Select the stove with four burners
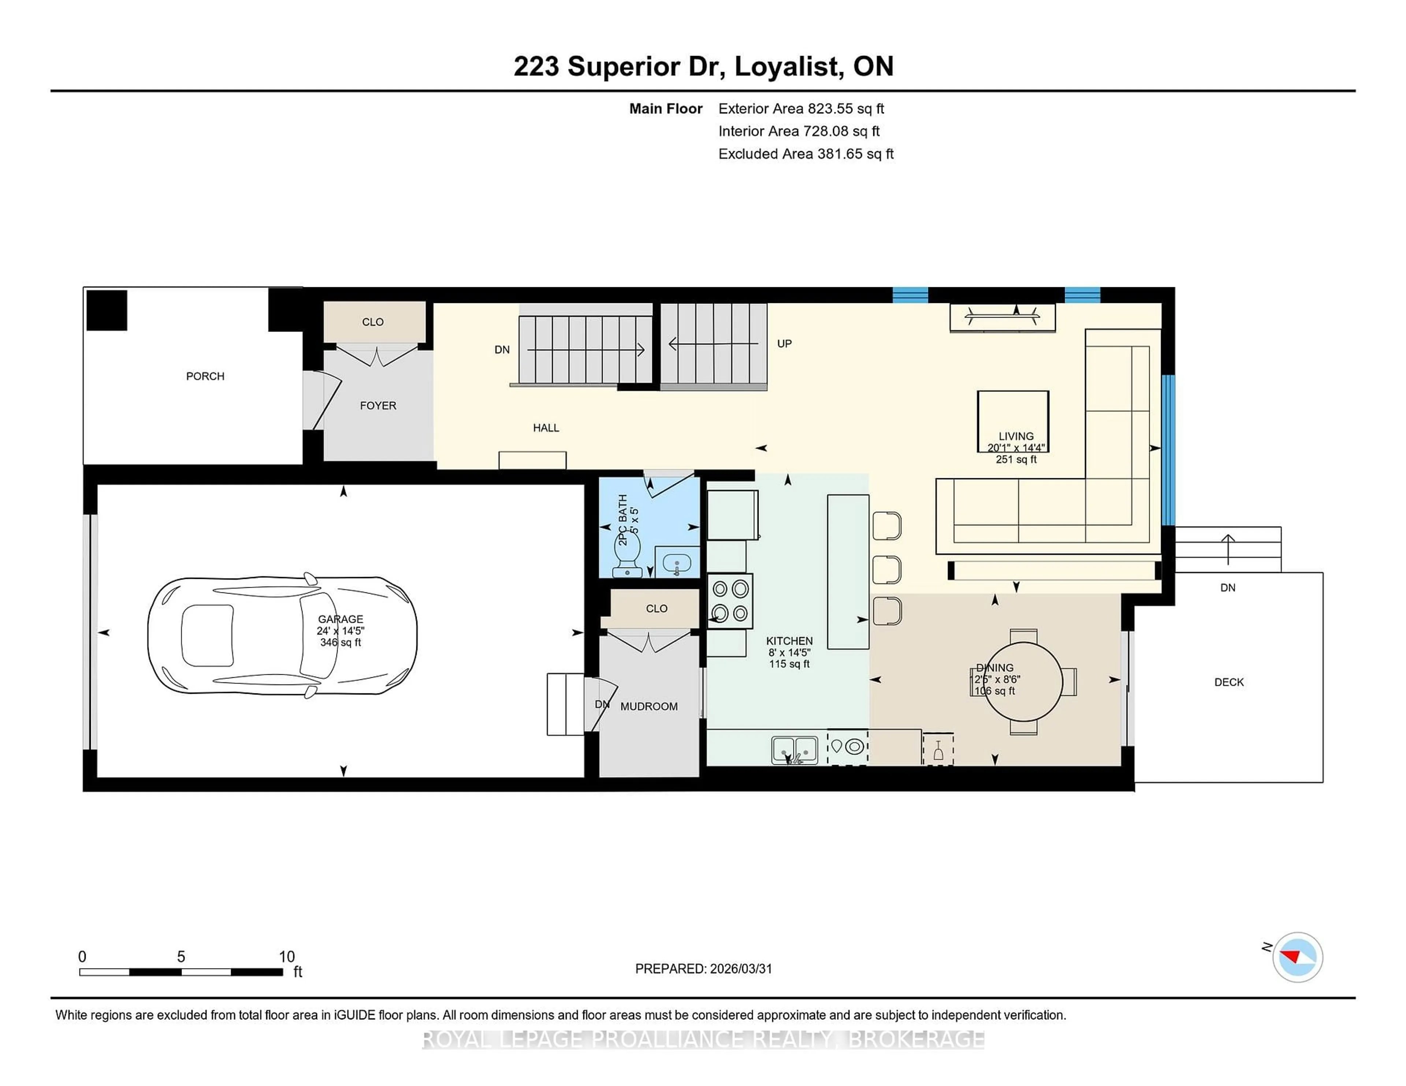point(730,600)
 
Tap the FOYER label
point(378,406)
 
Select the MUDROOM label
point(648,707)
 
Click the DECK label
point(1228,682)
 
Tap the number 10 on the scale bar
point(286,957)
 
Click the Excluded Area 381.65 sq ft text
point(806,154)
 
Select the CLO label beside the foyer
point(373,322)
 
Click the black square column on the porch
point(107,310)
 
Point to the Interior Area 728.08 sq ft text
point(798,131)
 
